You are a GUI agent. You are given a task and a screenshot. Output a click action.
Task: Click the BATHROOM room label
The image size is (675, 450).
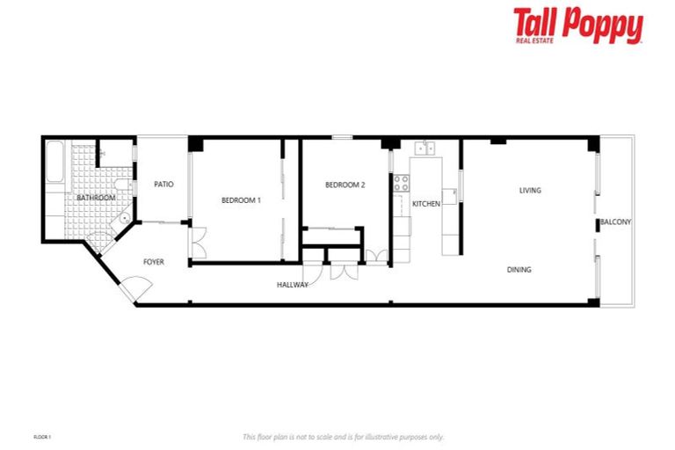click(x=96, y=198)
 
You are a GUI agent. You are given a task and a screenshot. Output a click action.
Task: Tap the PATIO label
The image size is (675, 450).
click(x=163, y=185)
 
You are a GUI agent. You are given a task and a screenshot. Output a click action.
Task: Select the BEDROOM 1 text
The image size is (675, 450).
click(x=241, y=200)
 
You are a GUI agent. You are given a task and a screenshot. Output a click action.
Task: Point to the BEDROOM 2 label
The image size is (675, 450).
click(x=345, y=185)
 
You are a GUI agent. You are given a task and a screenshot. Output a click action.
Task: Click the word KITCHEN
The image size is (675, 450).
click(x=426, y=204)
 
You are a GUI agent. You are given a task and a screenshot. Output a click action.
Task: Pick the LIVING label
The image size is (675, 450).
click(x=530, y=190)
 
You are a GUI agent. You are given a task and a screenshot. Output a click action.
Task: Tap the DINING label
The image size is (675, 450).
click(x=519, y=270)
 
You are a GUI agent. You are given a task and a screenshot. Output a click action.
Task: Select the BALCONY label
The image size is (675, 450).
click(x=615, y=221)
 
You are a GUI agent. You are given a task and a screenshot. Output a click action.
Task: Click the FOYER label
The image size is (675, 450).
click(x=154, y=262)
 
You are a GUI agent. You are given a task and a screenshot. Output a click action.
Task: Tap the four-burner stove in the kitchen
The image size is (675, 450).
click(x=401, y=184)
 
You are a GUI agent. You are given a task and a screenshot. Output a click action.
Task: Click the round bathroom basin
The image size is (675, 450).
click(x=125, y=219)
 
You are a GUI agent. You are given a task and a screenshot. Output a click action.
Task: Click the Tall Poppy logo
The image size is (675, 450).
click(x=577, y=25)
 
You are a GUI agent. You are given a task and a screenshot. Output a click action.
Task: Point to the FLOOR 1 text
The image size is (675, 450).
click(x=43, y=437)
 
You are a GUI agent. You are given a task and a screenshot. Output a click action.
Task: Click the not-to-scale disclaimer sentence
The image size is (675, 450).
click(x=343, y=437)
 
